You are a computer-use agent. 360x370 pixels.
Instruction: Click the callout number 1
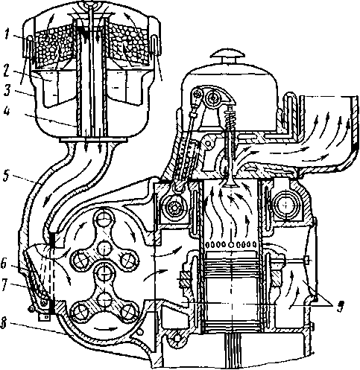pyautogui.click(x=7, y=34)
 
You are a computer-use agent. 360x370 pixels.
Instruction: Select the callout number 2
pyautogui.click(x=7, y=70)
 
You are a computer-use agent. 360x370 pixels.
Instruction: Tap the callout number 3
pyautogui.click(x=7, y=90)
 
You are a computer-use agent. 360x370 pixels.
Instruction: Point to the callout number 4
pyautogui.click(x=7, y=111)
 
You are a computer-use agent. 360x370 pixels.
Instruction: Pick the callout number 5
pyautogui.click(x=7, y=176)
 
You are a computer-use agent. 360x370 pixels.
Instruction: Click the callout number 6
pyautogui.click(x=4, y=264)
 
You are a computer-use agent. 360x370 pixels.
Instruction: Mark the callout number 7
pyautogui.click(x=5, y=284)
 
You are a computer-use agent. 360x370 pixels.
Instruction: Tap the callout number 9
pyautogui.click(x=340, y=307)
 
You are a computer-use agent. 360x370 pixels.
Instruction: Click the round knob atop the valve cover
pyautogui.click(x=228, y=55)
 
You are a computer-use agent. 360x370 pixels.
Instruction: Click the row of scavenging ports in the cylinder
pyautogui.click(x=231, y=245)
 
